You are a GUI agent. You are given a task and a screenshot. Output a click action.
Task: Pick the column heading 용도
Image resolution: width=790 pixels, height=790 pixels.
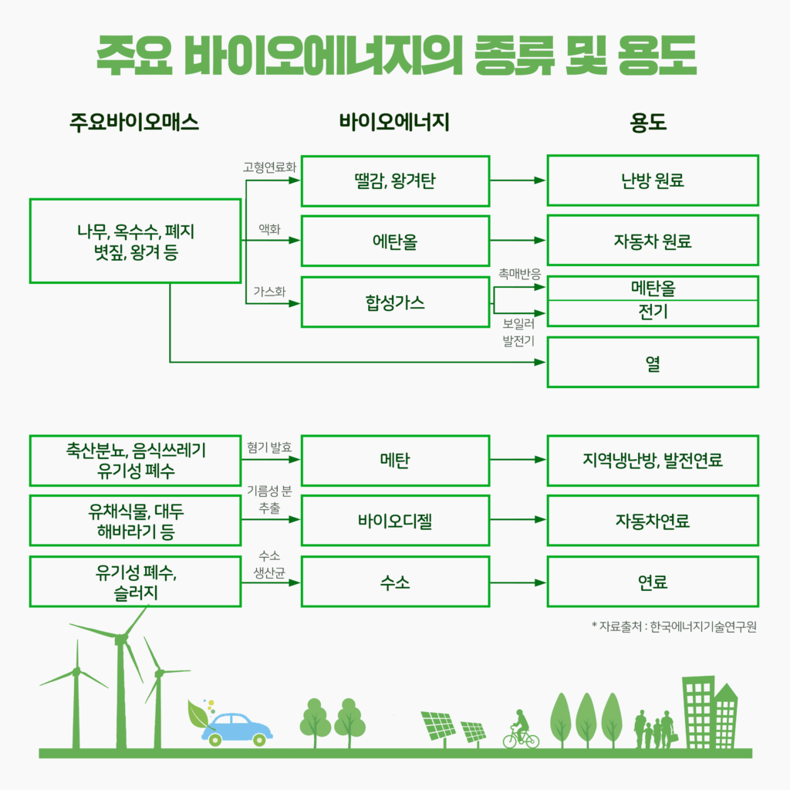pyautogui.click(x=648, y=123)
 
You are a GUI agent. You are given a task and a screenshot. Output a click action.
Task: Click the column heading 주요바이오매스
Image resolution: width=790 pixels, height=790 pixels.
pyautogui.click(x=134, y=123)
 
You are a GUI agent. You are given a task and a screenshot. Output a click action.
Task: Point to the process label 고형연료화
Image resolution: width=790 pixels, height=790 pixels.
pyautogui.click(x=269, y=167)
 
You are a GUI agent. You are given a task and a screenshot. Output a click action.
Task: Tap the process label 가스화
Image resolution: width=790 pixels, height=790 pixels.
pyautogui.click(x=269, y=291)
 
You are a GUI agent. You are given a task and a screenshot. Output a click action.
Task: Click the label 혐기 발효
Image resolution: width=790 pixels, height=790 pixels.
pyautogui.click(x=269, y=447)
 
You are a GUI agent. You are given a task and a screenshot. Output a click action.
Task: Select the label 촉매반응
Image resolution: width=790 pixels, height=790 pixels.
pyautogui.click(x=519, y=274)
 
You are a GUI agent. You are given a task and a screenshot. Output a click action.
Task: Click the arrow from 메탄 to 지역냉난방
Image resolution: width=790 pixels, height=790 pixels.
pyautogui.click(x=518, y=460)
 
